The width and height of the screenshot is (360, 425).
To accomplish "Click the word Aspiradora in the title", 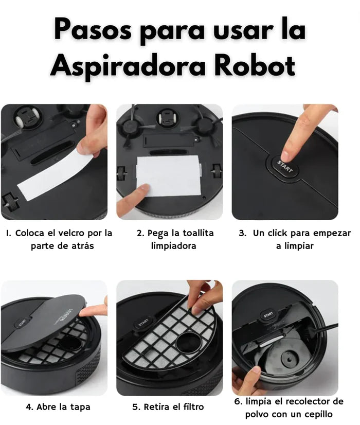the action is tap(128, 66).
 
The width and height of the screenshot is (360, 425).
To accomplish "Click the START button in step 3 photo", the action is tap(284, 166).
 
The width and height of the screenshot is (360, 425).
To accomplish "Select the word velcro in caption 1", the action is tap(71, 233).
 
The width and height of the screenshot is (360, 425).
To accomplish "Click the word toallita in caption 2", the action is tap(198, 233).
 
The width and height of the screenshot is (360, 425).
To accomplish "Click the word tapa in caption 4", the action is tap(80, 407).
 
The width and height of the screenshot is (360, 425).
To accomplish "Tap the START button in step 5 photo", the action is tap(143, 323).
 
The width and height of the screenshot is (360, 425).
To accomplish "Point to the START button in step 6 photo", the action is tap(268, 315).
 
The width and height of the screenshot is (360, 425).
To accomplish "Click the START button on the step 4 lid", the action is tap(22, 323).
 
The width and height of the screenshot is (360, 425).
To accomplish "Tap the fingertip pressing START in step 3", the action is tap(285, 155).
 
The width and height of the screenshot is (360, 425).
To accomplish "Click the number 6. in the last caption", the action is tap(238, 402).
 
